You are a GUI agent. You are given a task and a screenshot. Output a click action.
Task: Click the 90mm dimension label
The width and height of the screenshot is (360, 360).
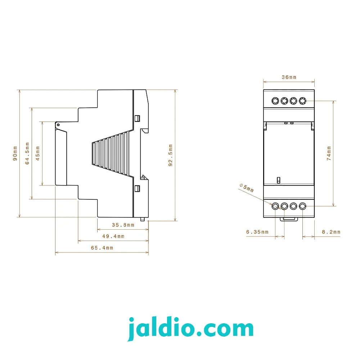[15, 153]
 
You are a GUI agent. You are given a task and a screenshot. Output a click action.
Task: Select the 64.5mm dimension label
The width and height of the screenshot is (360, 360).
[27, 153]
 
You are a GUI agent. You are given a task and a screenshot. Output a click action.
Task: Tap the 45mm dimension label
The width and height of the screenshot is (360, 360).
[38, 153]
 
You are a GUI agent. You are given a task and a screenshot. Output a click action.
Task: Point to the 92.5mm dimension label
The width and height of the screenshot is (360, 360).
[170, 155]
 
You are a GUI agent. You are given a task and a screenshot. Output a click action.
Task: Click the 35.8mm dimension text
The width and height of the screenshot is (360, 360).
[123, 225]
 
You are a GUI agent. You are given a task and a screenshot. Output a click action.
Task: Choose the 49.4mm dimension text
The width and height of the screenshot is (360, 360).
[113, 236]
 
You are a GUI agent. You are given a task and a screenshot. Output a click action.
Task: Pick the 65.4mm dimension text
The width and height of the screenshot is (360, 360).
[102, 248]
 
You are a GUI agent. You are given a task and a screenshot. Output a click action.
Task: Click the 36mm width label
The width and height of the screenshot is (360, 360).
[289, 77]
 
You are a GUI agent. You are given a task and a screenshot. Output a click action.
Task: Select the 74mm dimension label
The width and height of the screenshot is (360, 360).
[329, 153]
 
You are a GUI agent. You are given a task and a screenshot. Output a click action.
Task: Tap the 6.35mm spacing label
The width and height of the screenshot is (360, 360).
[257, 232]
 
